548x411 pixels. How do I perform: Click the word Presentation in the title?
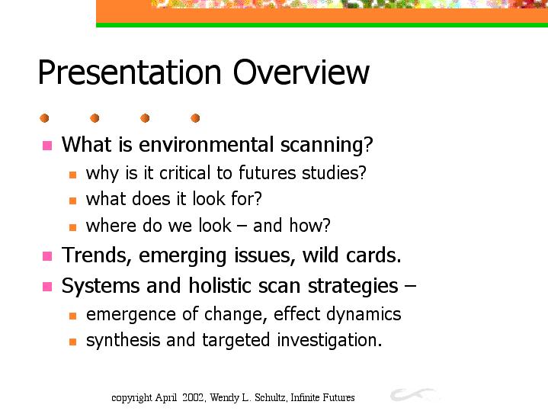click(x=130, y=72)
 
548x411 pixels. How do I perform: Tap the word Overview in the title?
click(x=301, y=72)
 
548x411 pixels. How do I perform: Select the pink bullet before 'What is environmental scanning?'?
click(x=47, y=145)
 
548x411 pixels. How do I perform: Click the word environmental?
click(x=207, y=144)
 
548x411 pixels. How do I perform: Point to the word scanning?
click(x=327, y=145)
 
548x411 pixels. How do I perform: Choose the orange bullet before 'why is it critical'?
click(x=72, y=175)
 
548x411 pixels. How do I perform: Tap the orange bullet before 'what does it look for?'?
click(x=72, y=201)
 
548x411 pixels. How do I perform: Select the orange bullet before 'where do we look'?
click(x=72, y=227)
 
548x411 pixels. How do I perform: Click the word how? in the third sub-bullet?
click(x=309, y=225)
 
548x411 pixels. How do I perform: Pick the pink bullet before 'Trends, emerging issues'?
click(x=47, y=256)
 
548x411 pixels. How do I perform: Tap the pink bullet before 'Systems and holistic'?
click(x=47, y=287)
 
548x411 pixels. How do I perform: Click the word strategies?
click(x=353, y=286)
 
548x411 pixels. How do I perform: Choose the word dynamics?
click(x=364, y=314)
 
